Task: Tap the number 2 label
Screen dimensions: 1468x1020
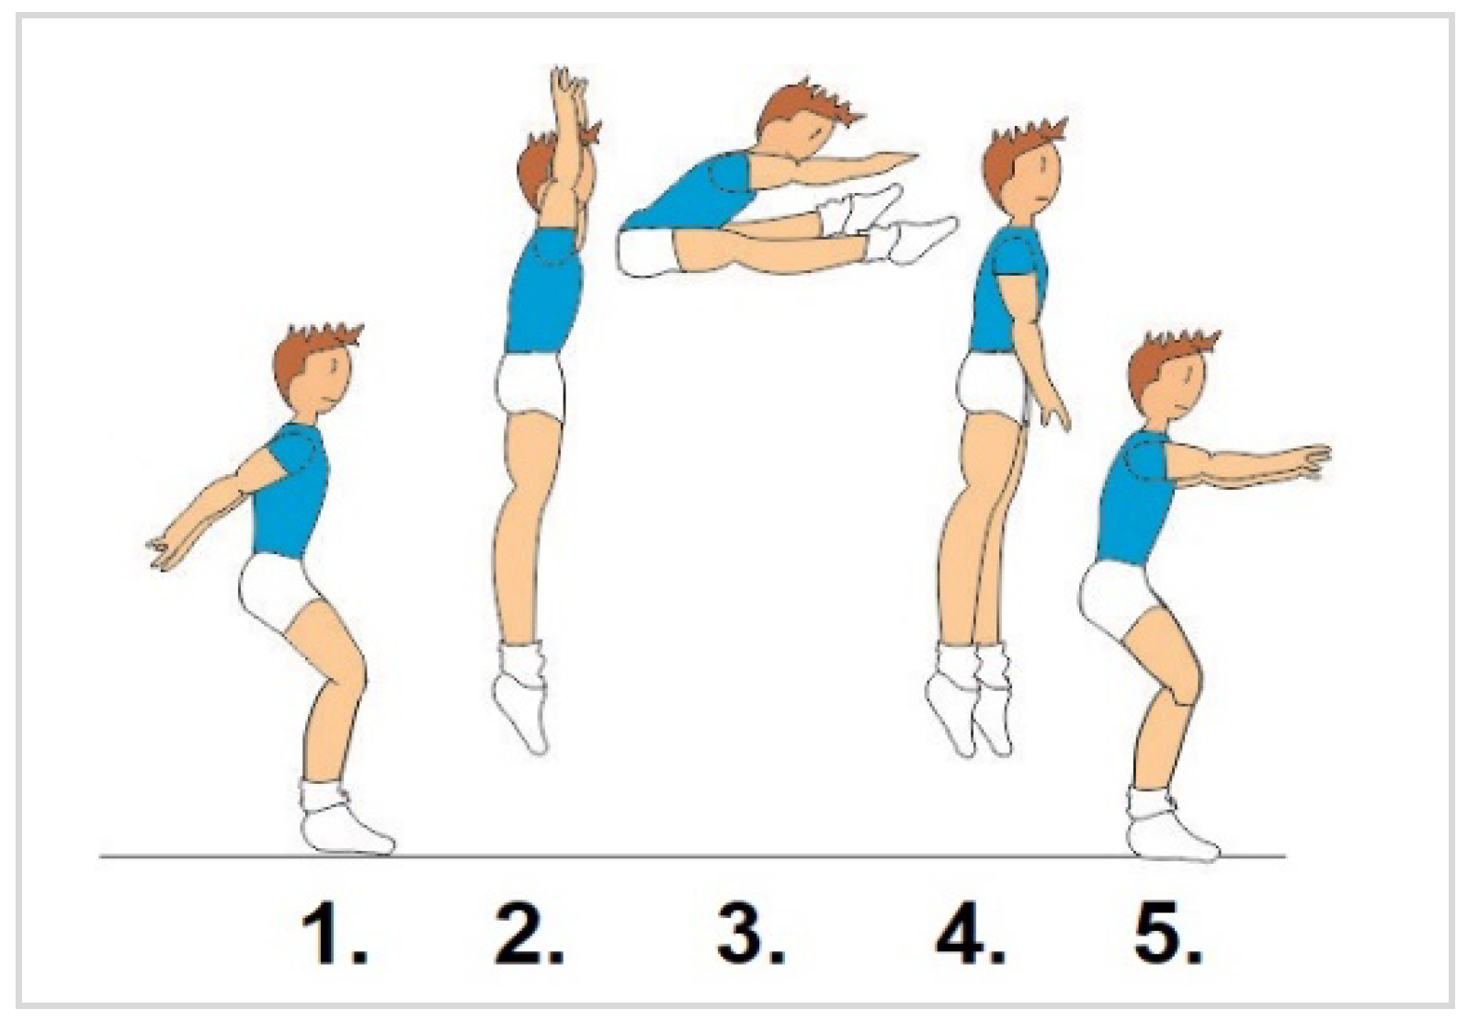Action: coord(529,934)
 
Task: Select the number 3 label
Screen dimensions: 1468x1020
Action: coord(751,934)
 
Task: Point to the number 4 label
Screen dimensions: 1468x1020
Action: coord(970,934)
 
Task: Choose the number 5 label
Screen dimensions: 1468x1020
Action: coord(1168,934)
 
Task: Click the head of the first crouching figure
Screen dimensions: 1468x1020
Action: coord(316,370)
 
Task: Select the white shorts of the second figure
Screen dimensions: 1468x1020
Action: coord(530,388)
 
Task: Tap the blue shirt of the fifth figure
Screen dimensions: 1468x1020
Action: coord(1133,499)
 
